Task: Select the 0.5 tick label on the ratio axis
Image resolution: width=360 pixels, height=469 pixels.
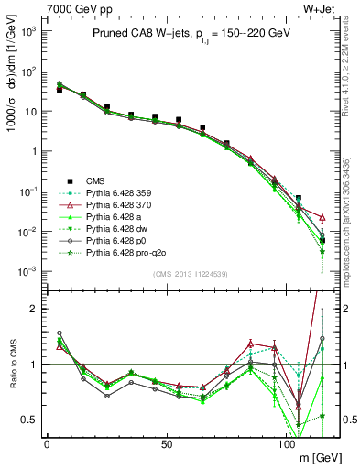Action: tap(30, 420)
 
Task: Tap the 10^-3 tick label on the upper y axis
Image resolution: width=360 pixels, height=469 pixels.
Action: tap(27, 270)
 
